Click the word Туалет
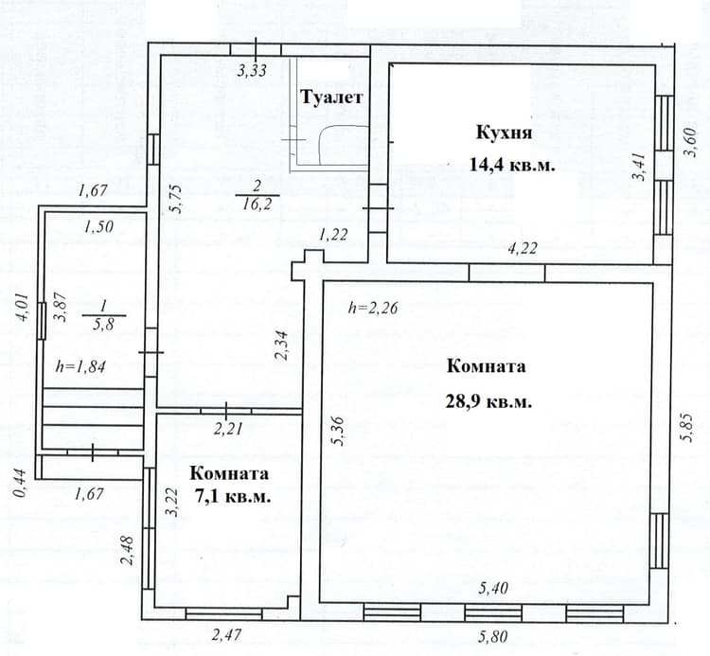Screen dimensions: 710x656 [332, 98]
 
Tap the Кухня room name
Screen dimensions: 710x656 [504, 133]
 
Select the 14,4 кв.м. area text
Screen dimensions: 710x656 [511, 165]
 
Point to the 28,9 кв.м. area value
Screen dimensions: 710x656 [488, 401]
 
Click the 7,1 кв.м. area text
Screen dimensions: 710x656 [233, 497]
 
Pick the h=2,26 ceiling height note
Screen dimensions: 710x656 [373, 308]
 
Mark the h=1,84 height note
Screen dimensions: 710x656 [80, 365]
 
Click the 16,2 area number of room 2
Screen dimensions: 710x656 [257, 204]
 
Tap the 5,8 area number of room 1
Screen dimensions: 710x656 [103, 324]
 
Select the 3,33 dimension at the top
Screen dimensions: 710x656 [252, 71]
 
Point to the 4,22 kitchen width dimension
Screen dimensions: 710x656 [523, 248]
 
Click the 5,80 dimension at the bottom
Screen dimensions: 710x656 [492, 636]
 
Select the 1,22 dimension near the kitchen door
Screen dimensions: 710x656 [333, 234]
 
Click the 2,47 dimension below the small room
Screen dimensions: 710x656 [227, 634]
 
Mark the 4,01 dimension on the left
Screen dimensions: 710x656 [22, 307]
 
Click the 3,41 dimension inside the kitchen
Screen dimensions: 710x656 [639, 167]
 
